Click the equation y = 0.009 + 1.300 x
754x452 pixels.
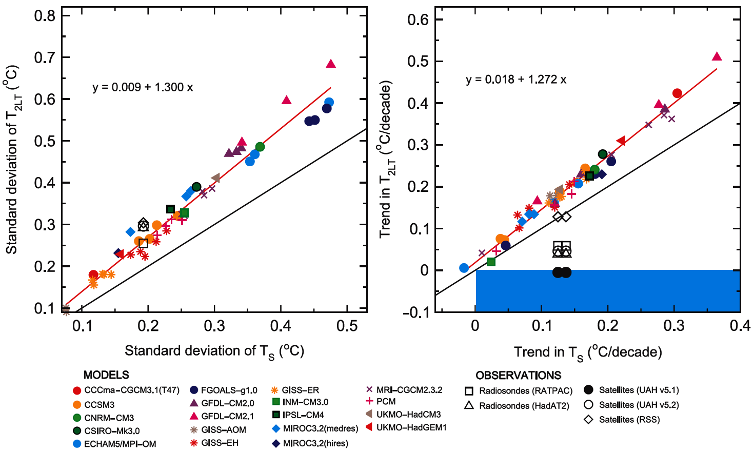point(143,87)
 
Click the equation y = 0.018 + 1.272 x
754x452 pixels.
point(516,80)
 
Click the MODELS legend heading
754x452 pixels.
point(106,375)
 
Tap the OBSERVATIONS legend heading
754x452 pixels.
point(518,376)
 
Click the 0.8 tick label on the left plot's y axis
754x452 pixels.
point(45,15)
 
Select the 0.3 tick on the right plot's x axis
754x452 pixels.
point(674,326)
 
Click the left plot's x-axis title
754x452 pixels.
point(214,351)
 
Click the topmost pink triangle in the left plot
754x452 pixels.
point(331,64)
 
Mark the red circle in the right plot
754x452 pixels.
point(677,93)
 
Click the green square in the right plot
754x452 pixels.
point(491,262)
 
